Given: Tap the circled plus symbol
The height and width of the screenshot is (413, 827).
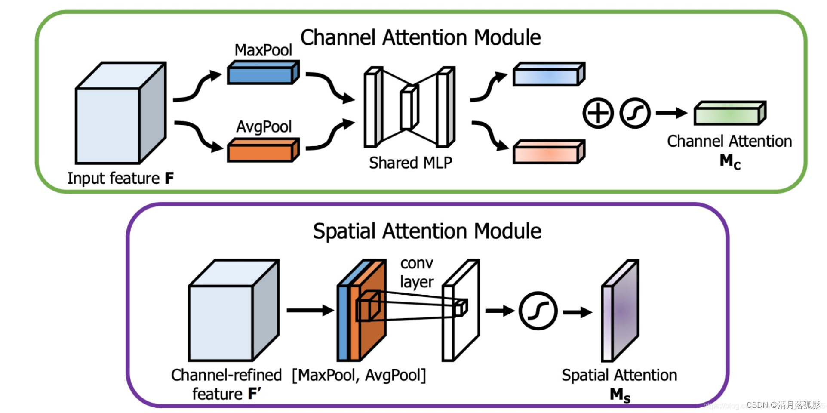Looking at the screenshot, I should [x=598, y=113].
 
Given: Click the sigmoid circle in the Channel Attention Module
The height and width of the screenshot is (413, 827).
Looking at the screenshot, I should [x=635, y=113].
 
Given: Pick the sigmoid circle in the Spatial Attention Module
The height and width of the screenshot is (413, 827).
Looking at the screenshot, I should [x=538, y=311].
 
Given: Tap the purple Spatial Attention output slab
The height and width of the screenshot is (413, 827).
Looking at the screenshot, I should [x=620, y=311].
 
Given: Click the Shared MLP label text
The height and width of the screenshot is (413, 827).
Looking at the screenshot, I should [x=410, y=163].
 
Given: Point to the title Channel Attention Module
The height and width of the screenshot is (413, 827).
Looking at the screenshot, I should [x=420, y=37].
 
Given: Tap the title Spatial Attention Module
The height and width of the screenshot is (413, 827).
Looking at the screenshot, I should [x=427, y=231].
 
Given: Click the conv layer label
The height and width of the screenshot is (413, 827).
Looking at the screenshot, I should [x=416, y=272].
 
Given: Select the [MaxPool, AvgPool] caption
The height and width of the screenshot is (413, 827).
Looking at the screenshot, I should [x=359, y=375].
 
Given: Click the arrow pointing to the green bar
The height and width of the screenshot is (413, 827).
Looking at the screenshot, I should [x=671, y=113].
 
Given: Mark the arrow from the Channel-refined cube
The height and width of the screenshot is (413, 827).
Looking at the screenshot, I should [x=310, y=310].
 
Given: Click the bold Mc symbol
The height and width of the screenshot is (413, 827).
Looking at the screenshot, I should [x=730, y=162].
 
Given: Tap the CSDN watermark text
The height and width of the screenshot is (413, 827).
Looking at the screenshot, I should [x=783, y=405].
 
